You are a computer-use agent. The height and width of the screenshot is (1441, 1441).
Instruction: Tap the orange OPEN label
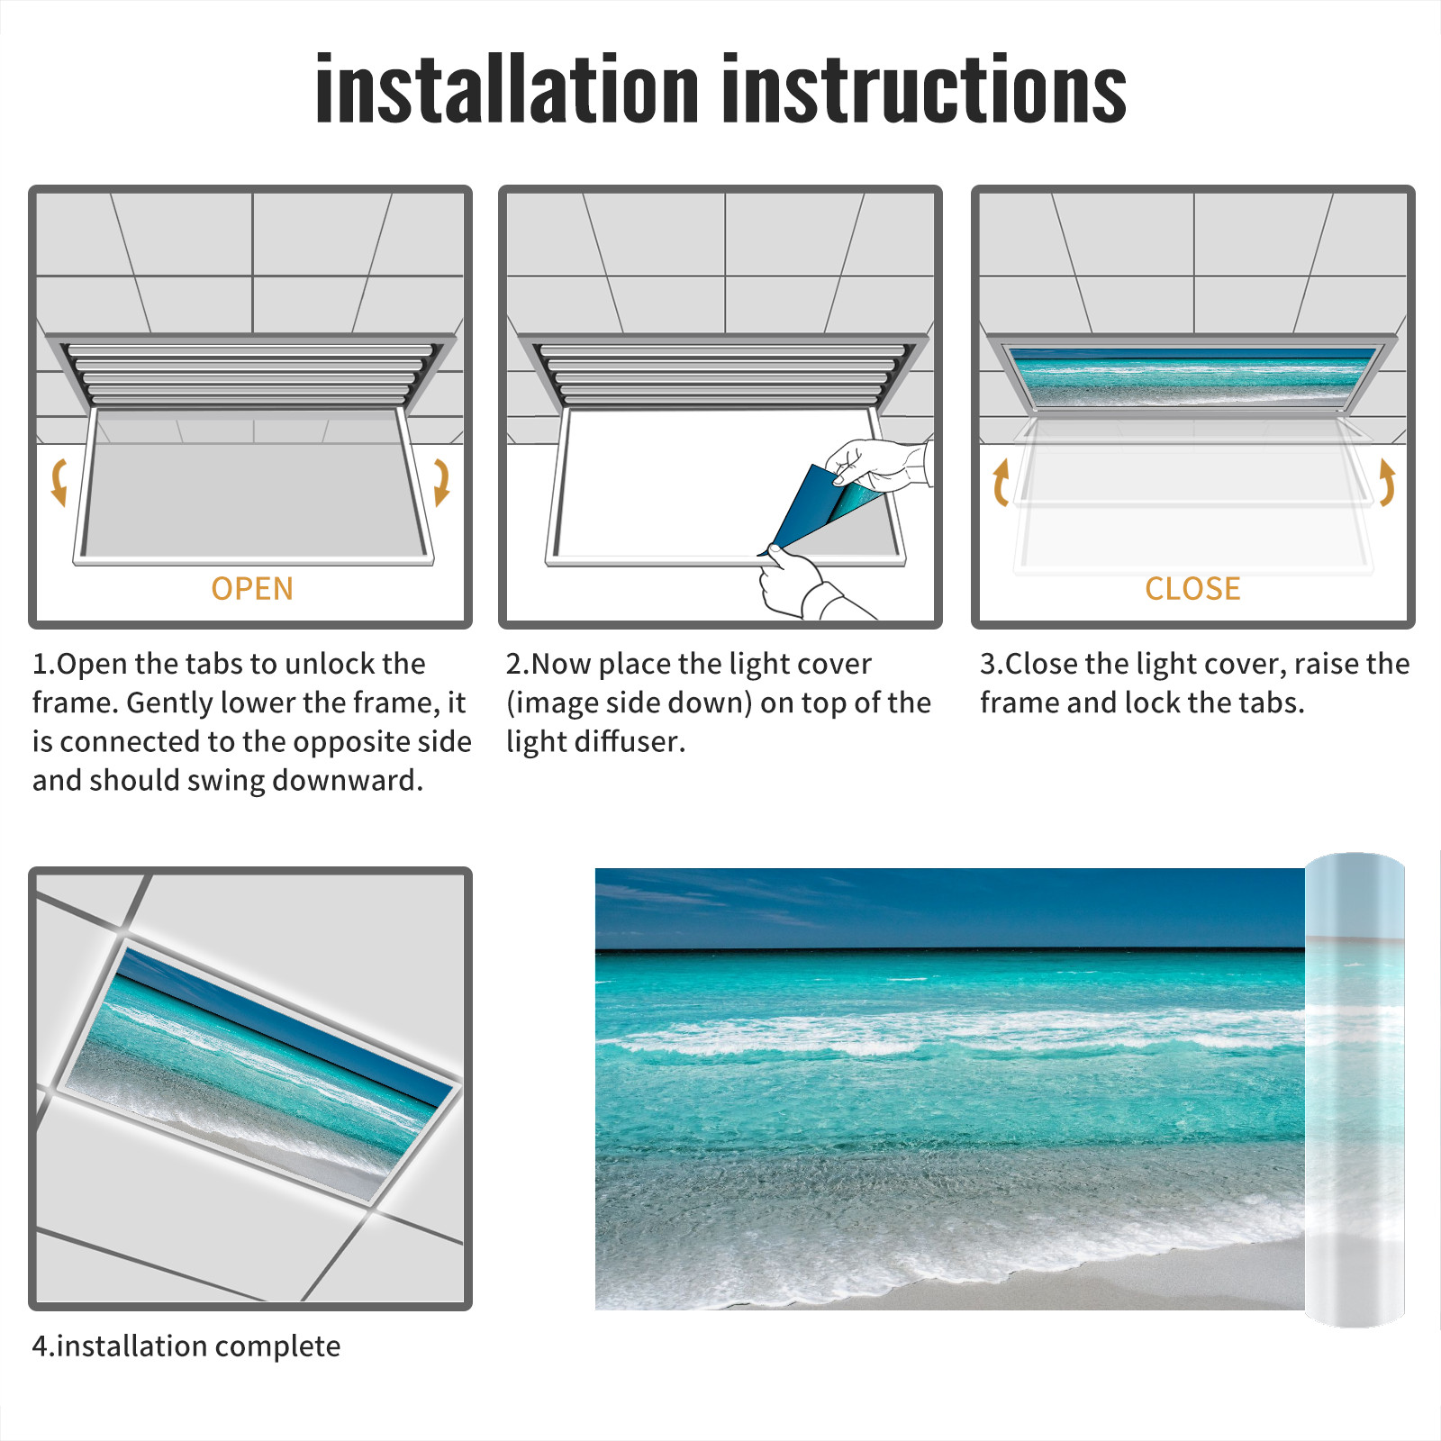(x=252, y=588)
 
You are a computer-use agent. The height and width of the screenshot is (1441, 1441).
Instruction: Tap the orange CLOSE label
(x=1192, y=588)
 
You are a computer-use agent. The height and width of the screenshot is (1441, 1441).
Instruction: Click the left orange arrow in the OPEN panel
(x=59, y=482)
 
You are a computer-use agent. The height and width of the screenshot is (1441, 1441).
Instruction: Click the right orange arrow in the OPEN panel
(x=441, y=482)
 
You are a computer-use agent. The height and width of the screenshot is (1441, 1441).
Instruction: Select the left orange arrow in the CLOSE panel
(x=1000, y=482)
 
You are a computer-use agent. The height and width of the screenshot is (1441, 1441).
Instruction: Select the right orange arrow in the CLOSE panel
(x=1387, y=482)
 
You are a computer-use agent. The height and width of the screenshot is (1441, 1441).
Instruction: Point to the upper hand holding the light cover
(x=878, y=464)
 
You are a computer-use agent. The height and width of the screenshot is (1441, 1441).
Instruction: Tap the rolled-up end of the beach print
(x=1355, y=1090)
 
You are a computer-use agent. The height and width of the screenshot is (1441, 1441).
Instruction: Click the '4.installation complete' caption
(x=186, y=1346)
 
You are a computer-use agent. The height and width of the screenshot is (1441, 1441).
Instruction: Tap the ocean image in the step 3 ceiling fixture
(x=1192, y=376)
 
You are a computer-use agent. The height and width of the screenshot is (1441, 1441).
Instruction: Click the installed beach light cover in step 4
(x=261, y=1072)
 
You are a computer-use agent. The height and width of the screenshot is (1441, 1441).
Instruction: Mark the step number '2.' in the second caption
(x=518, y=664)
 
